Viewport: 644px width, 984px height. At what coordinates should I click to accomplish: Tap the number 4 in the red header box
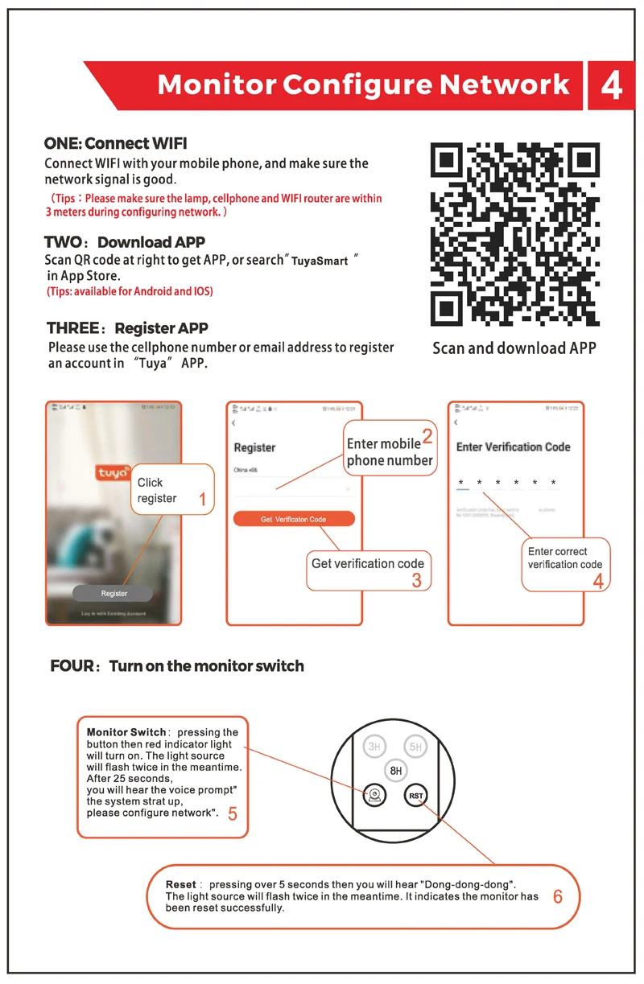tap(612, 85)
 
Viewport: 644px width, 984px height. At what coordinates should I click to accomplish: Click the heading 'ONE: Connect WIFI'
tap(115, 144)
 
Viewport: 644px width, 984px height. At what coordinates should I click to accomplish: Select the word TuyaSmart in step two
tap(320, 261)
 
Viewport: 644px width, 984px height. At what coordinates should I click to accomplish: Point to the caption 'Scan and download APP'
tap(514, 348)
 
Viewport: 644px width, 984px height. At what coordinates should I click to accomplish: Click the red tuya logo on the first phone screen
tap(113, 473)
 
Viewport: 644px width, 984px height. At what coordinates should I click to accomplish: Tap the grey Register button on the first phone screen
tap(114, 593)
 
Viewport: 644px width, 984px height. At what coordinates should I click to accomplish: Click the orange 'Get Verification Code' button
tap(294, 519)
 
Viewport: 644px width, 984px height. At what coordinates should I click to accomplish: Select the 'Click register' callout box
tap(171, 491)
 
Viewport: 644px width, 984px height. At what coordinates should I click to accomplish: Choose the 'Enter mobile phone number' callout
tap(390, 452)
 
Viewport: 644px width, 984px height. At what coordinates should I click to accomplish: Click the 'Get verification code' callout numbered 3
tap(368, 570)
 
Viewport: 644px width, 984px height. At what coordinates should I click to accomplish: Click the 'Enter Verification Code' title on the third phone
tap(513, 447)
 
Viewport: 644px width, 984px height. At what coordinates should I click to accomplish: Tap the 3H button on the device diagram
tap(374, 747)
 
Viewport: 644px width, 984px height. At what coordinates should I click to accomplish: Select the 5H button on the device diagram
tap(415, 747)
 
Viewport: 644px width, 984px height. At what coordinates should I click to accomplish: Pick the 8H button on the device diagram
tap(395, 770)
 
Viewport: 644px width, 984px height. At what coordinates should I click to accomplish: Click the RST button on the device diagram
tap(415, 795)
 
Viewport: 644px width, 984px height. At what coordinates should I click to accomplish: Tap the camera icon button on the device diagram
tap(374, 795)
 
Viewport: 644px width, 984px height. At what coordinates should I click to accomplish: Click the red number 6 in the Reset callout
tap(558, 896)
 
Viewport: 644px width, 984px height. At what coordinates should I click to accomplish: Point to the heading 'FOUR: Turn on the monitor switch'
tap(177, 666)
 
